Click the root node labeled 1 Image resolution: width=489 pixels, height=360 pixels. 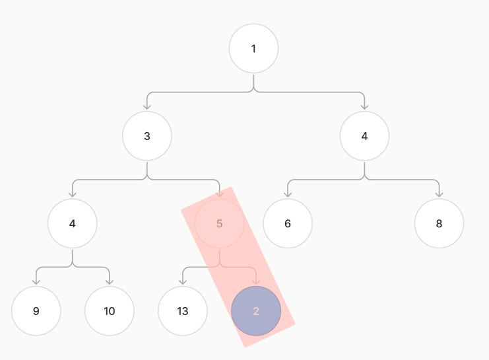click(x=253, y=48)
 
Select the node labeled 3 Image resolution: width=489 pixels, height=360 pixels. click(x=147, y=136)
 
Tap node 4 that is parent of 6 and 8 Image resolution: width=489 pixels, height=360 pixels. click(x=364, y=136)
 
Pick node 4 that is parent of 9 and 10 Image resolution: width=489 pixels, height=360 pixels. click(x=73, y=223)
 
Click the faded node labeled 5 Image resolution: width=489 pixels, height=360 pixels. click(x=220, y=223)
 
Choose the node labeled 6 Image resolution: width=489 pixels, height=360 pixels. click(x=288, y=223)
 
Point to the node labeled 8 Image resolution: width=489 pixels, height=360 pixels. click(x=439, y=223)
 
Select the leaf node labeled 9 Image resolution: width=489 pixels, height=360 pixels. click(x=36, y=311)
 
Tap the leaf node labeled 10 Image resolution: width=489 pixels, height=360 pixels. click(x=110, y=311)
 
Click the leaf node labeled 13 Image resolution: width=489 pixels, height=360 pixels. click(x=183, y=311)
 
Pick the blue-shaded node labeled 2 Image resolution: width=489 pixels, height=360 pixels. click(x=256, y=311)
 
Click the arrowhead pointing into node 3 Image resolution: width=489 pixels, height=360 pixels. click(x=147, y=106)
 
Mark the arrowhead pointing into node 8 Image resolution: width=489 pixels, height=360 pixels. click(x=439, y=194)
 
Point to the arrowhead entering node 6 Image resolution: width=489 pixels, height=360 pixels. click(x=288, y=194)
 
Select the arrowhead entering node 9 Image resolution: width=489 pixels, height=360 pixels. click(x=36, y=281)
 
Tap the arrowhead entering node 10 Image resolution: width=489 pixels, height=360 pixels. click(x=110, y=281)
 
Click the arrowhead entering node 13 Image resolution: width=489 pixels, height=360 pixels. click(x=183, y=281)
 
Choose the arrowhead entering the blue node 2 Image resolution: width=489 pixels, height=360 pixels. click(x=256, y=281)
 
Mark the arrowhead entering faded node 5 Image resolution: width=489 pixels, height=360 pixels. click(x=220, y=194)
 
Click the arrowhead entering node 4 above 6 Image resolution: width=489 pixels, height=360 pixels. click(x=364, y=106)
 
